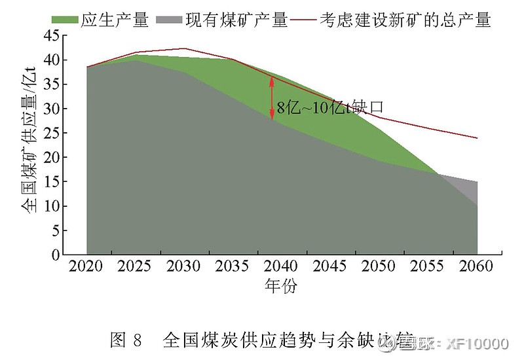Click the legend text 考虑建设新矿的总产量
pos(405,20)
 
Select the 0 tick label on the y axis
pos(56,255)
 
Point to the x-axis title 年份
pos(281,286)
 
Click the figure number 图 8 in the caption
pos(126,340)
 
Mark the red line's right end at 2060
pos(477,138)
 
